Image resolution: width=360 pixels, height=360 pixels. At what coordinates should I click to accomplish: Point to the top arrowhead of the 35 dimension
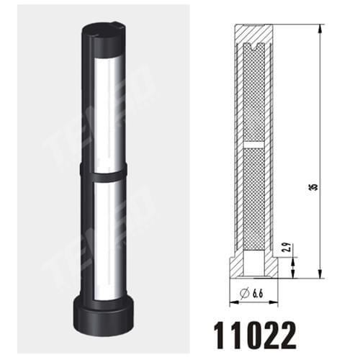(318, 27)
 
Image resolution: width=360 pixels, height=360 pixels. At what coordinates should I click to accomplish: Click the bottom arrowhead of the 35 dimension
(318, 276)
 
